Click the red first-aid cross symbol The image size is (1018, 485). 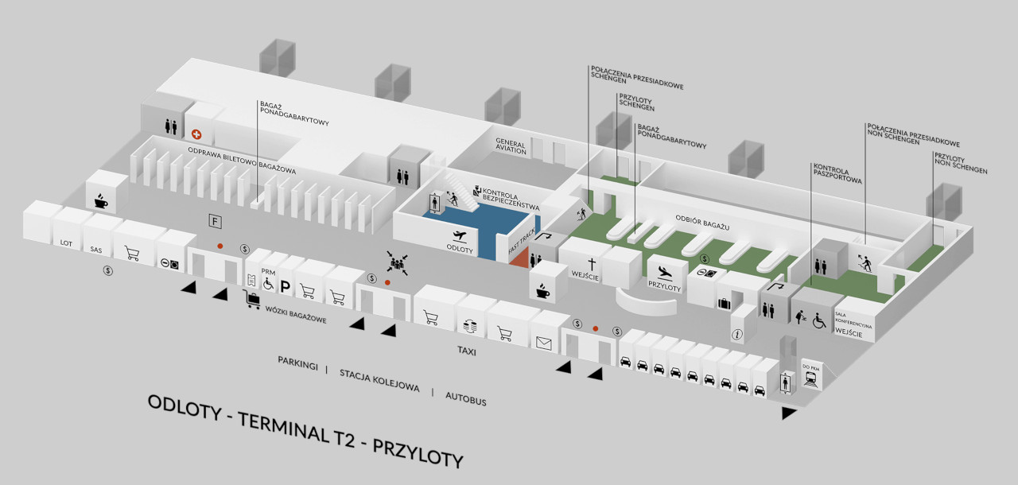click(196, 134)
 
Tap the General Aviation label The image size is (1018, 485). click(511, 146)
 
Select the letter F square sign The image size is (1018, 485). click(215, 222)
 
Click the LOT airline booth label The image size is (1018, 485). click(66, 243)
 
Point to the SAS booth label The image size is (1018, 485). click(96, 250)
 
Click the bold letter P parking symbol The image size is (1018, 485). click(285, 286)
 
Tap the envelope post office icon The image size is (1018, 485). click(543, 343)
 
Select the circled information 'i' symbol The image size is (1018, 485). click(736, 335)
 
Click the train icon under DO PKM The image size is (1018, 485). click(811, 378)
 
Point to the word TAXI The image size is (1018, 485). click(467, 351)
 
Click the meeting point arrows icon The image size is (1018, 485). click(398, 263)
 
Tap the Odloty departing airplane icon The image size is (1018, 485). click(460, 236)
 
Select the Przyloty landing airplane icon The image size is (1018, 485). click(665, 273)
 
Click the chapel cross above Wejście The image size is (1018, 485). click(592, 264)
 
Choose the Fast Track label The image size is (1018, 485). click(522, 242)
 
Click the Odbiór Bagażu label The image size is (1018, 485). click(702, 223)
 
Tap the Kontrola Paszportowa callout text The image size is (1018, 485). click(837, 173)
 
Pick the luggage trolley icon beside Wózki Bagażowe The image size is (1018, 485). click(251, 299)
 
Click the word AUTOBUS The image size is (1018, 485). click(466, 398)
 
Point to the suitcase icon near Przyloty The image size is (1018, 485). click(724, 304)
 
